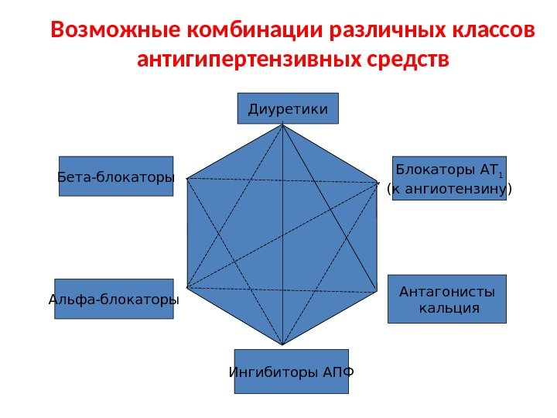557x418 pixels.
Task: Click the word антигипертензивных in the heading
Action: (245, 60)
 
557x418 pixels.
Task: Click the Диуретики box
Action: (288, 109)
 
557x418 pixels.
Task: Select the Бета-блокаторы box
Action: (116, 176)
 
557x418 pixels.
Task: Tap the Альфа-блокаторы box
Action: (114, 299)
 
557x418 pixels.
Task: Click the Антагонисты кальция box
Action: (446, 299)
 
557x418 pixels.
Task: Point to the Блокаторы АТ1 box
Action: (449, 178)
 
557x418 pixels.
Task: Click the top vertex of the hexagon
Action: (284, 125)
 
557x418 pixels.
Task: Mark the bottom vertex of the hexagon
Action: (283, 345)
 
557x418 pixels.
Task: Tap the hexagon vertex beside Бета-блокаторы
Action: (188, 178)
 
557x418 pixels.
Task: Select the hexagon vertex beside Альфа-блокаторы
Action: (187, 289)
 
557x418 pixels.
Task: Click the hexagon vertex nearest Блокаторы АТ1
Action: (380, 183)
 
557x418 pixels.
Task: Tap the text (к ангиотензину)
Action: (449, 188)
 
